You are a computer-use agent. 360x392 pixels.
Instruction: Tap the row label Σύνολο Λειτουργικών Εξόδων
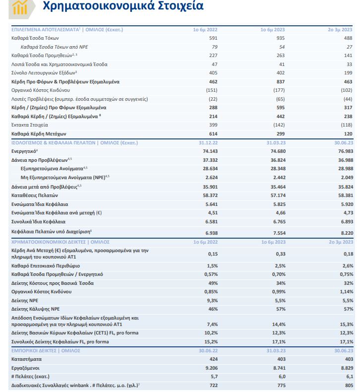coord(38,72)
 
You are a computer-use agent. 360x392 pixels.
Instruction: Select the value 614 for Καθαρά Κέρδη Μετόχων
coord(213,133)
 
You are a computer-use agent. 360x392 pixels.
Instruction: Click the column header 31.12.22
coord(208,142)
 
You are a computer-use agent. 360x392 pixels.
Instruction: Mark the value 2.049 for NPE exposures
coord(346,177)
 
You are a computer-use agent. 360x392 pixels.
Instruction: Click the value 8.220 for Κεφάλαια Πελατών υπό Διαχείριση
coord(346,233)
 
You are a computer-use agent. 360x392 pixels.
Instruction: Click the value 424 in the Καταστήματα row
coord(213,359)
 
